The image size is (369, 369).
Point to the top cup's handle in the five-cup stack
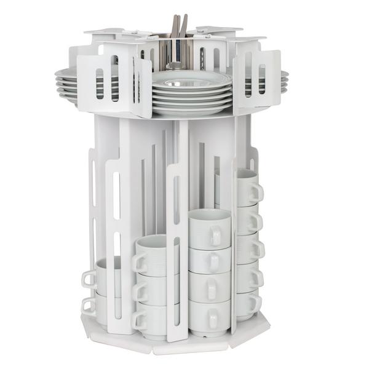[256, 192]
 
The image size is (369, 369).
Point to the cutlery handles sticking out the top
[179, 26]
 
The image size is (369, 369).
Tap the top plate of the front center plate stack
[191, 79]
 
